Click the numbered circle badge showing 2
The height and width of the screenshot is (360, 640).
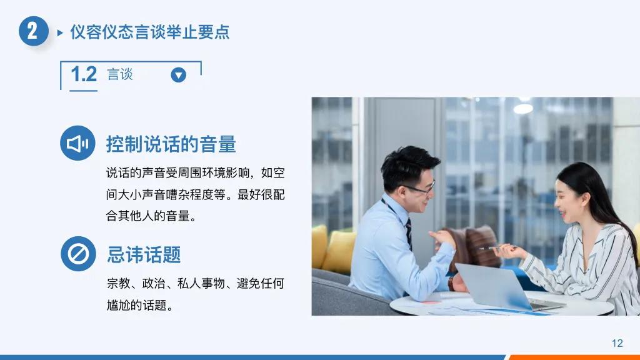[33, 31]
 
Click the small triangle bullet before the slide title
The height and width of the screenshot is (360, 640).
[60, 32]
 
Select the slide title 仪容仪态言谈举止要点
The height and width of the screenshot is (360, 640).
[149, 32]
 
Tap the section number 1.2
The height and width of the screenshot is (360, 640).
[84, 74]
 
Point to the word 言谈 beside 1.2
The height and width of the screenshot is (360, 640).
[120, 74]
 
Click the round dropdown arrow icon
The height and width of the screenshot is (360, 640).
[179, 75]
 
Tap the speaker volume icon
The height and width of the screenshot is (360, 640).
[78, 144]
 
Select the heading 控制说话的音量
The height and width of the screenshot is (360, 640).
[171, 144]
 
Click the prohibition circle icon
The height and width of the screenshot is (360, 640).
[78, 254]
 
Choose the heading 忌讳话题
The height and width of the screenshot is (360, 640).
[144, 254]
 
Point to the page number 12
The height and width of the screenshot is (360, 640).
[617, 342]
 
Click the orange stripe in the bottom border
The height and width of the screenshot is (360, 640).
[574, 357]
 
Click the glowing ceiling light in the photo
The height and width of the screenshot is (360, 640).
[523, 108]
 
